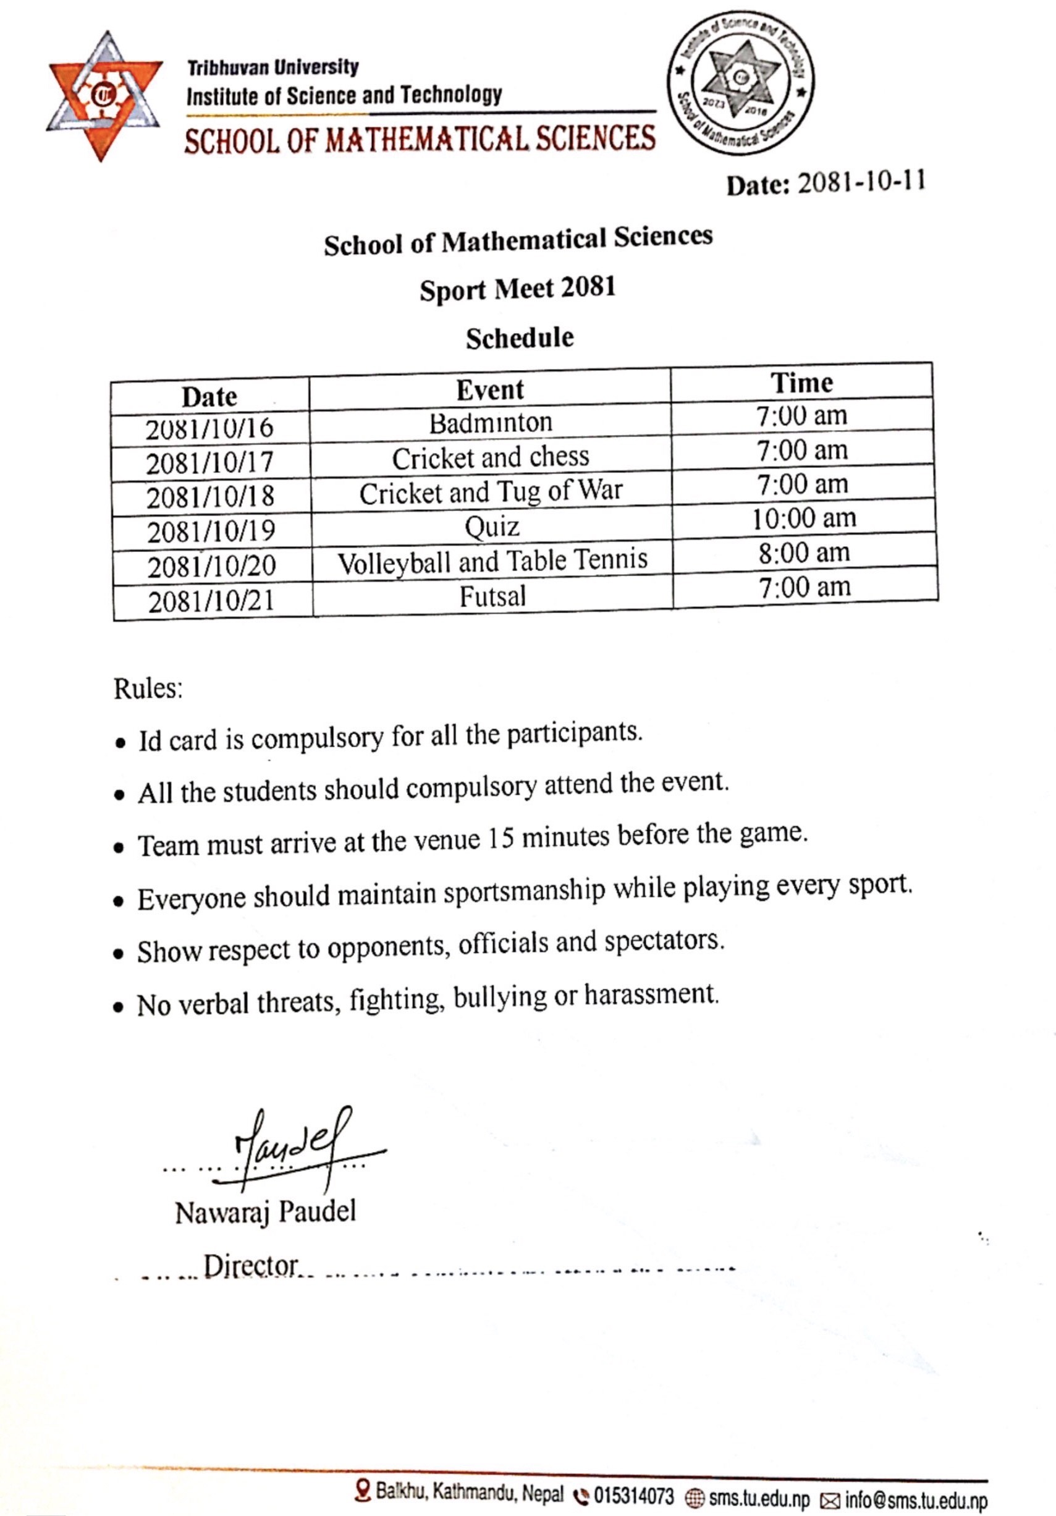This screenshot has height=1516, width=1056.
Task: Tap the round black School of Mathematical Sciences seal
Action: click(740, 84)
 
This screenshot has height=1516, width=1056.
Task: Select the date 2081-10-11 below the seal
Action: click(861, 182)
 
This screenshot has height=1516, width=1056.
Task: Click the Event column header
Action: click(490, 389)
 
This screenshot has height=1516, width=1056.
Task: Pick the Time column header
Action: click(802, 383)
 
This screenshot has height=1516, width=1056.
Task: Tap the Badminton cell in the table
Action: click(491, 423)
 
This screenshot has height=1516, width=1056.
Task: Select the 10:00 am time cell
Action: click(804, 519)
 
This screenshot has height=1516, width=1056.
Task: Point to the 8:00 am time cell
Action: click(804, 553)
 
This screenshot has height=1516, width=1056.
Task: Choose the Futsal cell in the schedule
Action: click(492, 597)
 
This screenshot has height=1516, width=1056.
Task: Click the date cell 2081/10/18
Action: click(210, 497)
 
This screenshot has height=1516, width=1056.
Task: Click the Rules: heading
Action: click(148, 688)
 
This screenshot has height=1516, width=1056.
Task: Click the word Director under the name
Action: click(251, 1266)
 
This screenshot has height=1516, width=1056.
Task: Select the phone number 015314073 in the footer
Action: click(633, 1496)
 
